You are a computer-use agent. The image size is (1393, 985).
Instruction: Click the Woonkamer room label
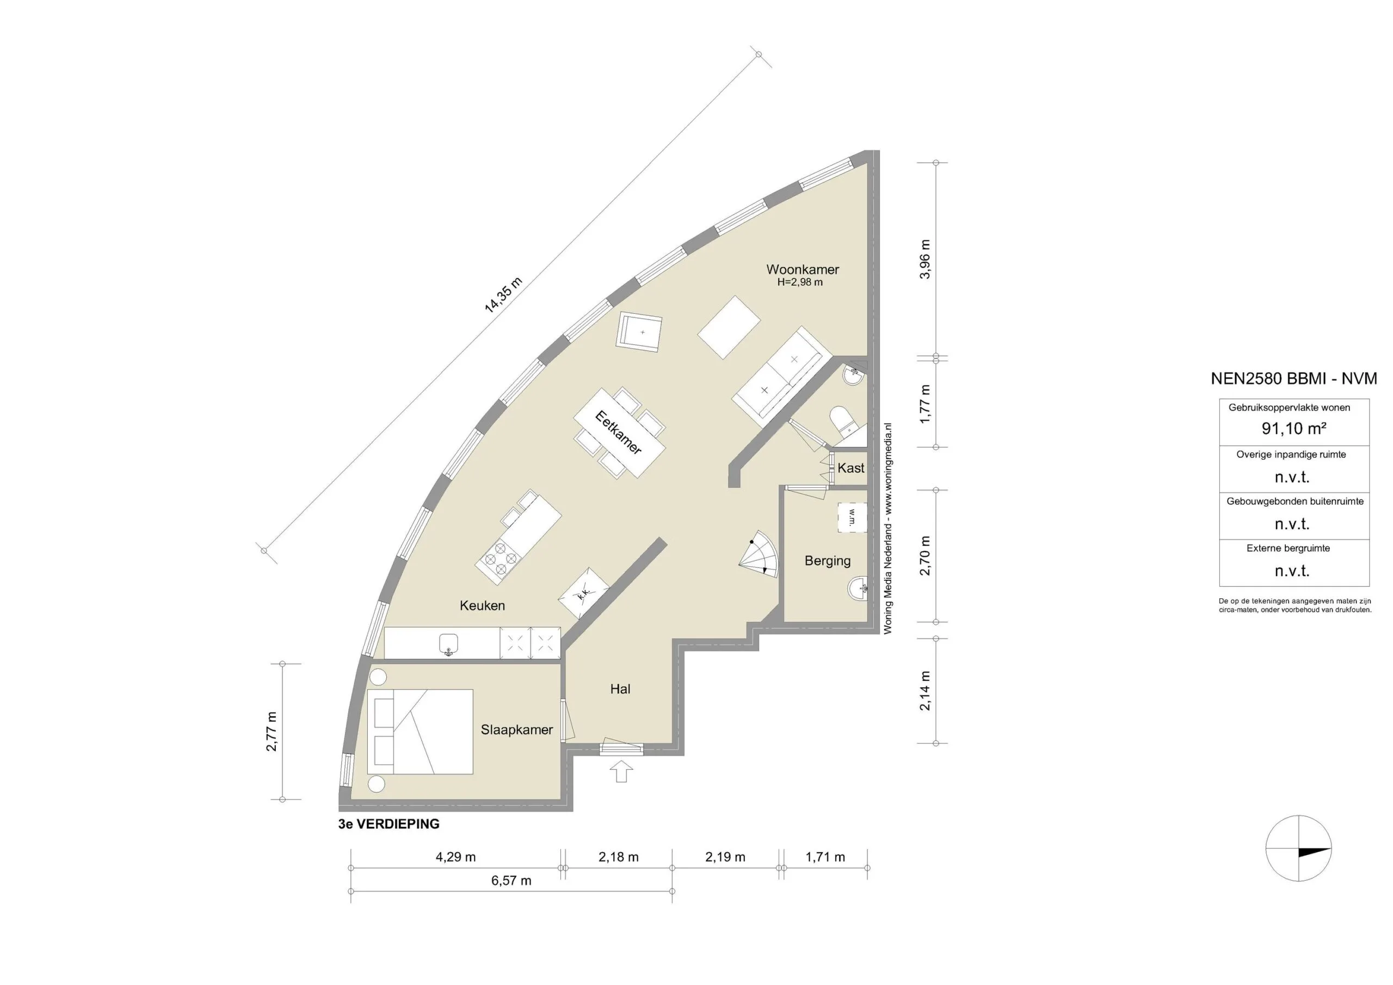pyautogui.click(x=802, y=269)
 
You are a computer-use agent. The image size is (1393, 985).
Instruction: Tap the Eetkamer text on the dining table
pyautogui.click(x=618, y=432)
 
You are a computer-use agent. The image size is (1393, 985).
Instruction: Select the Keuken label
pyautogui.click(x=482, y=605)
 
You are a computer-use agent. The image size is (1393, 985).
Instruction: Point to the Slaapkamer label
pyautogui.click(x=516, y=730)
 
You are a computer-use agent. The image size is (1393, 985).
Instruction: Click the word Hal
pyautogui.click(x=620, y=689)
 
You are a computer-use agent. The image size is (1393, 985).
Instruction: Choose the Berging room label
pyautogui.click(x=827, y=561)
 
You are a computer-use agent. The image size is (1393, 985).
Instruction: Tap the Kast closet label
pyautogui.click(x=850, y=468)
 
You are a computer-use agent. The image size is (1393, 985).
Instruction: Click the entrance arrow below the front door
pyautogui.click(x=621, y=772)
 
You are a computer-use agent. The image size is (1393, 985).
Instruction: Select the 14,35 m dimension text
pyautogui.click(x=503, y=295)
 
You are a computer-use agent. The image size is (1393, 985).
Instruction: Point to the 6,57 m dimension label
pyautogui.click(x=511, y=881)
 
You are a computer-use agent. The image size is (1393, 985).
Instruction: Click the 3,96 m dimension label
pyautogui.click(x=924, y=259)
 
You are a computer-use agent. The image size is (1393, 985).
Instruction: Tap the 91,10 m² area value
pyautogui.click(x=1293, y=429)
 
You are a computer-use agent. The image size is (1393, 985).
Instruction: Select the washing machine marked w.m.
pyautogui.click(x=852, y=517)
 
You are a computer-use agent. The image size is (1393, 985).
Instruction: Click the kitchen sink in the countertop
pyautogui.click(x=448, y=643)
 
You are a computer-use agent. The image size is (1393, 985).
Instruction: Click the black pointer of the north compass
pyautogui.click(x=1314, y=852)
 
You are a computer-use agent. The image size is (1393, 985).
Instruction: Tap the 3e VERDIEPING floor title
pyautogui.click(x=389, y=824)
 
